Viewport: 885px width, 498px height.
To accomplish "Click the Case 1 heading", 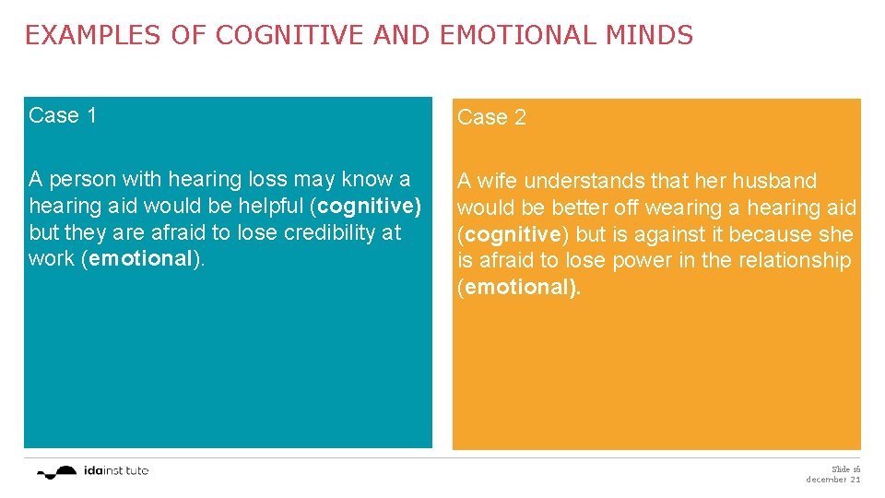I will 63,115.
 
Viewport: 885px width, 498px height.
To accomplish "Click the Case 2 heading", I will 491,117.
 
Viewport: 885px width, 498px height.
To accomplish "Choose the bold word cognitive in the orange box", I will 510,234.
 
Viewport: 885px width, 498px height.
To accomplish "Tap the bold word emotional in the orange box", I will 519,287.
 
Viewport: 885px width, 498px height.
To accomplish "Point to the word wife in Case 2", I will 499,181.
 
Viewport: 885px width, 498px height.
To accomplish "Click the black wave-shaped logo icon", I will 58,471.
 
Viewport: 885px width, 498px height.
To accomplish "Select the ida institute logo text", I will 114,470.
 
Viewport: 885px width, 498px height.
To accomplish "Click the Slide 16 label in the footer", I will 845,468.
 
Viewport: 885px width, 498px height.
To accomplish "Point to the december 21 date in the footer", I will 832,480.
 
